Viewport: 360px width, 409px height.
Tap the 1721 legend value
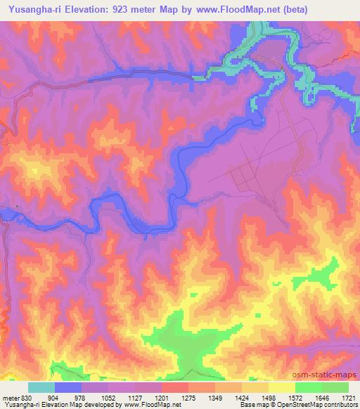point(347,396)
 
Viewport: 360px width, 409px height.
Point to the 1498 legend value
point(268,396)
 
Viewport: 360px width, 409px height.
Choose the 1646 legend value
point(321,396)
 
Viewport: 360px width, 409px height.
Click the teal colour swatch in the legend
point(41,387)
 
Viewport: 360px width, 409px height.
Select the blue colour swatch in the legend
point(68,387)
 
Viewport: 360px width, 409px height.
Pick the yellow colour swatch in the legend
point(281,387)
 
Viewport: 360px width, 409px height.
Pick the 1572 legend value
point(295,396)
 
